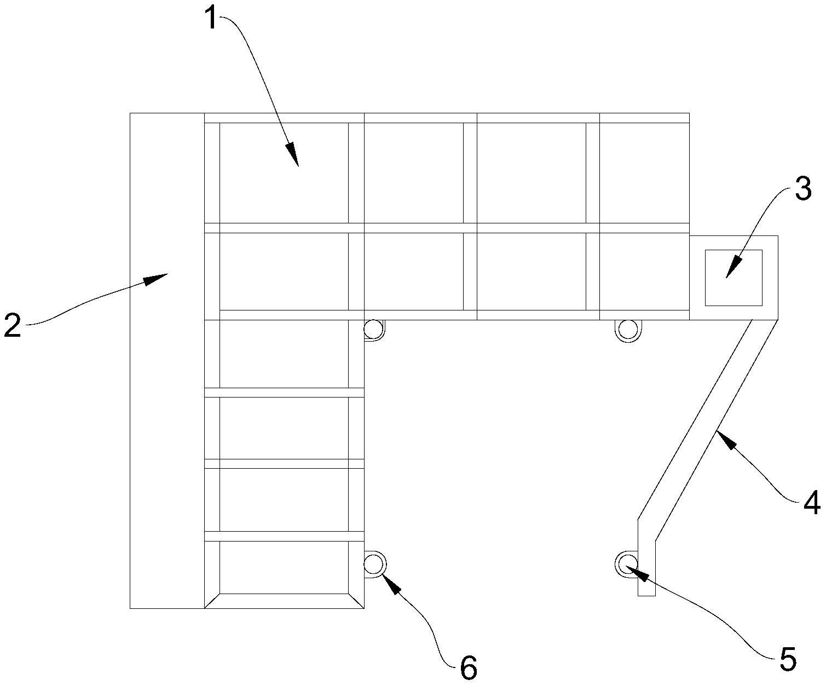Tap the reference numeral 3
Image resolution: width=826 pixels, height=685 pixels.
click(802, 189)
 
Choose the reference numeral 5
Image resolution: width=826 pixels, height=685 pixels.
click(787, 659)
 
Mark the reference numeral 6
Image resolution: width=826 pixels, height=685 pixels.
click(469, 668)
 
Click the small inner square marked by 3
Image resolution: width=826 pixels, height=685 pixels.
click(733, 278)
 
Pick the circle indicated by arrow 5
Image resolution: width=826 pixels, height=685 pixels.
click(626, 563)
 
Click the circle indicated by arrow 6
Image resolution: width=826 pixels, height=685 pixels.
click(374, 564)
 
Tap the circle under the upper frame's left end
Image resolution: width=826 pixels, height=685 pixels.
click(374, 330)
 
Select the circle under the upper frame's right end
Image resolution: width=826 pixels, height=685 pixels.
click(627, 330)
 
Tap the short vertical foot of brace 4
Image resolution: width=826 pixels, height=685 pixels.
click(646, 569)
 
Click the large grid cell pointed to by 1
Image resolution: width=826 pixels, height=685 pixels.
click(284, 172)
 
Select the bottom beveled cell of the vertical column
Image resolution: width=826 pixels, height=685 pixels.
click(284, 569)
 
